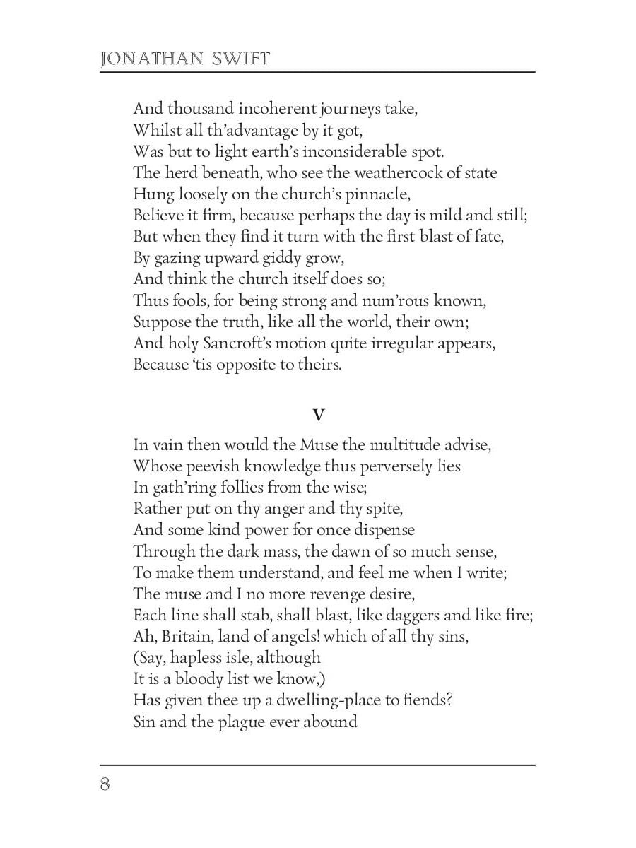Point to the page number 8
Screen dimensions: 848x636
click(105, 785)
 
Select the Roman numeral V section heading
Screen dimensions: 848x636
click(318, 416)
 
